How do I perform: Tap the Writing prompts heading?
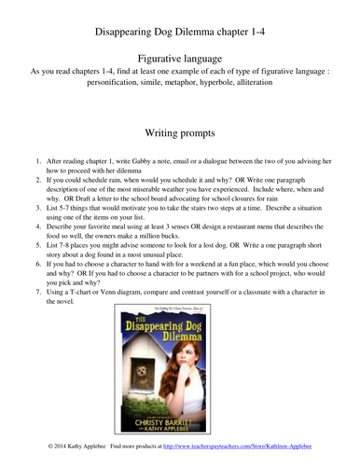[x=180, y=133]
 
